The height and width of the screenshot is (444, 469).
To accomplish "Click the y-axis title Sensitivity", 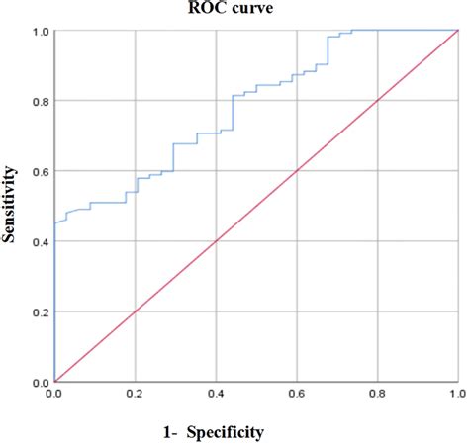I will [12, 206].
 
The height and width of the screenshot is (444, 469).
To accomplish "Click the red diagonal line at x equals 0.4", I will [216, 241].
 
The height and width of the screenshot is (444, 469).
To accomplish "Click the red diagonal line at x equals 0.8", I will [377, 101].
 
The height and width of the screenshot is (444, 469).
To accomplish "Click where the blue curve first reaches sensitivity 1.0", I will [352, 31].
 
